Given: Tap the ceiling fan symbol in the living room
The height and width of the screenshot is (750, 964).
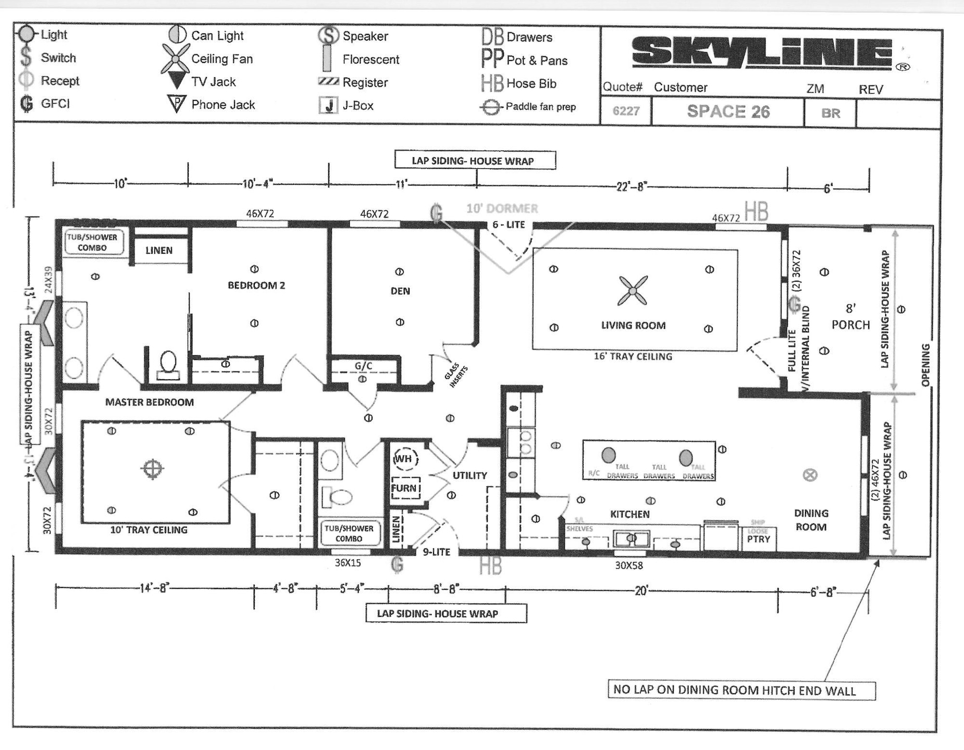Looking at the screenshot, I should point(632,290).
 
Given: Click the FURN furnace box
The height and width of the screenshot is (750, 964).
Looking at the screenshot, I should point(405,488).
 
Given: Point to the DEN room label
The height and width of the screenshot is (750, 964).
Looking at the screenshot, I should point(400,291).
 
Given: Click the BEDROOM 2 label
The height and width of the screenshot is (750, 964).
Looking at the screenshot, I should point(256,285).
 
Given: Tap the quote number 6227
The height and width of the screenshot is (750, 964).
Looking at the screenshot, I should point(625,111).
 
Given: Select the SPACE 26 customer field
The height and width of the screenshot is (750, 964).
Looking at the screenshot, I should point(727,111).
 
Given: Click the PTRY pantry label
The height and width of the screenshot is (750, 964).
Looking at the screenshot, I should point(758,539).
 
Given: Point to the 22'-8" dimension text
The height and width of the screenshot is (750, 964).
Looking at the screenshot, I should point(631,186).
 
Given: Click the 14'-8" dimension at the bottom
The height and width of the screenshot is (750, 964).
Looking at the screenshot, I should point(155,589).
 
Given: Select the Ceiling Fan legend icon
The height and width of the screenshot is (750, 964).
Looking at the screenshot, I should point(175,58).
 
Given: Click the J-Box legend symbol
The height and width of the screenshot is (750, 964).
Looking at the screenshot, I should point(328,106).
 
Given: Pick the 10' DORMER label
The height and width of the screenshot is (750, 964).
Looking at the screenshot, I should point(502,209).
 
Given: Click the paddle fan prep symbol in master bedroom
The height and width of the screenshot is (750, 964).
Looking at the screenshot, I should point(152,468).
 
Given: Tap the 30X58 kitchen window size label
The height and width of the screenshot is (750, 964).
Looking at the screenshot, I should point(628,565).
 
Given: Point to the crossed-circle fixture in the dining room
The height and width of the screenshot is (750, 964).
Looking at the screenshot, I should point(810,475).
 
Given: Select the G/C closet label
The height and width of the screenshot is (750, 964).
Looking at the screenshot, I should point(363,366).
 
